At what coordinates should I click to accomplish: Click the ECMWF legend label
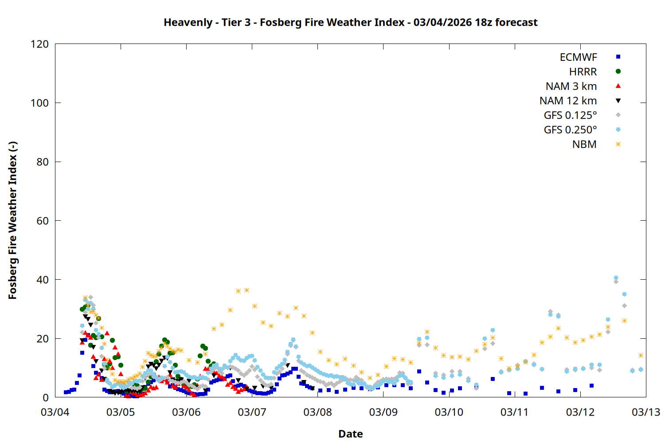(x=578, y=57)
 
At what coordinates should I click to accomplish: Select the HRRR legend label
(x=583, y=72)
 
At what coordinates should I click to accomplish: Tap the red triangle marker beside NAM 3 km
(x=618, y=86)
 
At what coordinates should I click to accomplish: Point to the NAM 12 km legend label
(x=568, y=101)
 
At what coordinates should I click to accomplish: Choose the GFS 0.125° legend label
(x=570, y=115)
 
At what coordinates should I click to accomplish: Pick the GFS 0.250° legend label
(x=570, y=130)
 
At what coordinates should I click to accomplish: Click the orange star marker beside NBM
(x=618, y=144)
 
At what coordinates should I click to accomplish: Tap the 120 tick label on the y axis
(x=39, y=44)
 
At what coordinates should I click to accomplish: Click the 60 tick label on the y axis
(x=43, y=221)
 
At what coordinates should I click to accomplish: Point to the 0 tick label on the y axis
(x=46, y=398)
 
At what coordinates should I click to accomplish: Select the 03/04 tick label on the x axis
(x=55, y=412)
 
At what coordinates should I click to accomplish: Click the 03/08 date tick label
(x=317, y=412)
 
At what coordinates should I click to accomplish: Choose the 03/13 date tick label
(x=645, y=412)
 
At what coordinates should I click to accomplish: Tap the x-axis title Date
(x=350, y=434)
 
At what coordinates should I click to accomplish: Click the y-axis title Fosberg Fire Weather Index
(x=12, y=221)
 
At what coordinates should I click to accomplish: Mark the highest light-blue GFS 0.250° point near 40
(x=616, y=278)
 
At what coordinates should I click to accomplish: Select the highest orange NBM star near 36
(x=246, y=290)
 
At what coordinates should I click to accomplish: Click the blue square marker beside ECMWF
(x=618, y=57)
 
